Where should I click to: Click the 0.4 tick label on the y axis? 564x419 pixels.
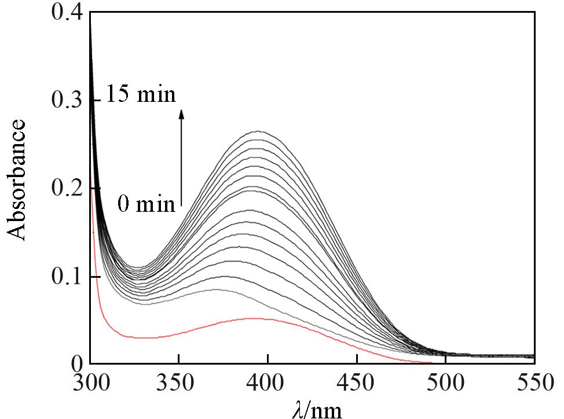point(68,13)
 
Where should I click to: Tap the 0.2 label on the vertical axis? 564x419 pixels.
point(68,189)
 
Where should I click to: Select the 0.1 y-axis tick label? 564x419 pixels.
point(68,277)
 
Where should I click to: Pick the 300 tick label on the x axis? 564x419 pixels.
point(90,384)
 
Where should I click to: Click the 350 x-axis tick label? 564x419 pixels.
point(179,384)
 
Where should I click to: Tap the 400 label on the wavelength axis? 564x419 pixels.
point(268,384)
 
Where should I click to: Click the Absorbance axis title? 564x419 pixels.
point(17,180)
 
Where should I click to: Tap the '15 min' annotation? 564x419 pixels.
point(141,94)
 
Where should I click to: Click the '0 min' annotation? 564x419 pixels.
point(146,204)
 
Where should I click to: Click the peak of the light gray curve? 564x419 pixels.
point(215,289)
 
